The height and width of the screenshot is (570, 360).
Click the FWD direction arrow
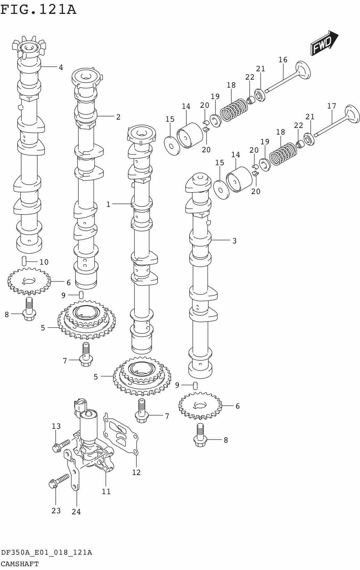click(x=324, y=43)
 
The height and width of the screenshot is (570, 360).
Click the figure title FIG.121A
click(x=38, y=10)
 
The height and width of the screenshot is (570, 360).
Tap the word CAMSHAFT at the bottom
click(x=19, y=564)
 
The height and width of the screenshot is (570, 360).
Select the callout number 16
click(x=283, y=60)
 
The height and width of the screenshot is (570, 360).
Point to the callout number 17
click(x=331, y=106)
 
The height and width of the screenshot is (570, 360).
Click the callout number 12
click(x=136, y=472)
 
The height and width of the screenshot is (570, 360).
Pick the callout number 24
click(x=76, y=512)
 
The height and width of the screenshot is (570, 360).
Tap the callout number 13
click(x=56, y=426)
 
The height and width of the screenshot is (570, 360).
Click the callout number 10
click(x=44, y=262)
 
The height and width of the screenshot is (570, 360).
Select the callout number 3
click(x=234, y=241)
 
